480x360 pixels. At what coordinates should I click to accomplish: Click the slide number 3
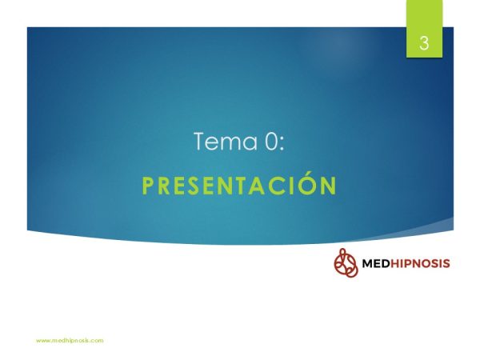point(424,43)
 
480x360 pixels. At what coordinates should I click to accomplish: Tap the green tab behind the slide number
point(424,29)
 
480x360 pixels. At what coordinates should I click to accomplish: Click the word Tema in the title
point(226,141)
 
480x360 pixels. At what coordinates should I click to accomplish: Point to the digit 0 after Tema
point(270,141)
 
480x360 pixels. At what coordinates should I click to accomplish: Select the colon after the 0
point(282,144)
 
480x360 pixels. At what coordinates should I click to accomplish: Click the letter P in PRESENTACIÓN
point(147,186)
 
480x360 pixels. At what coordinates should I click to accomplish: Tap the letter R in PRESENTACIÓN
point(164,186)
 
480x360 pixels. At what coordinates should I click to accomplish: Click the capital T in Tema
point(201,141)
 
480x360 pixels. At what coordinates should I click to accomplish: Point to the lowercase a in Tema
point(251,144)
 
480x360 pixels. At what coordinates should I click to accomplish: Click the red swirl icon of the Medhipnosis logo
point(346,262)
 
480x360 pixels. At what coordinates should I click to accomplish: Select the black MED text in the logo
point(376,263)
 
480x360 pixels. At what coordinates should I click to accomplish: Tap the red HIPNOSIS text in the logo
point(420,263)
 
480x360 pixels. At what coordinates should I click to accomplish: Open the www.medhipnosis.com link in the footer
point(70,341)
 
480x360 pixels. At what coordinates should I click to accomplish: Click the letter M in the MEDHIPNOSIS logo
point(367,263)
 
